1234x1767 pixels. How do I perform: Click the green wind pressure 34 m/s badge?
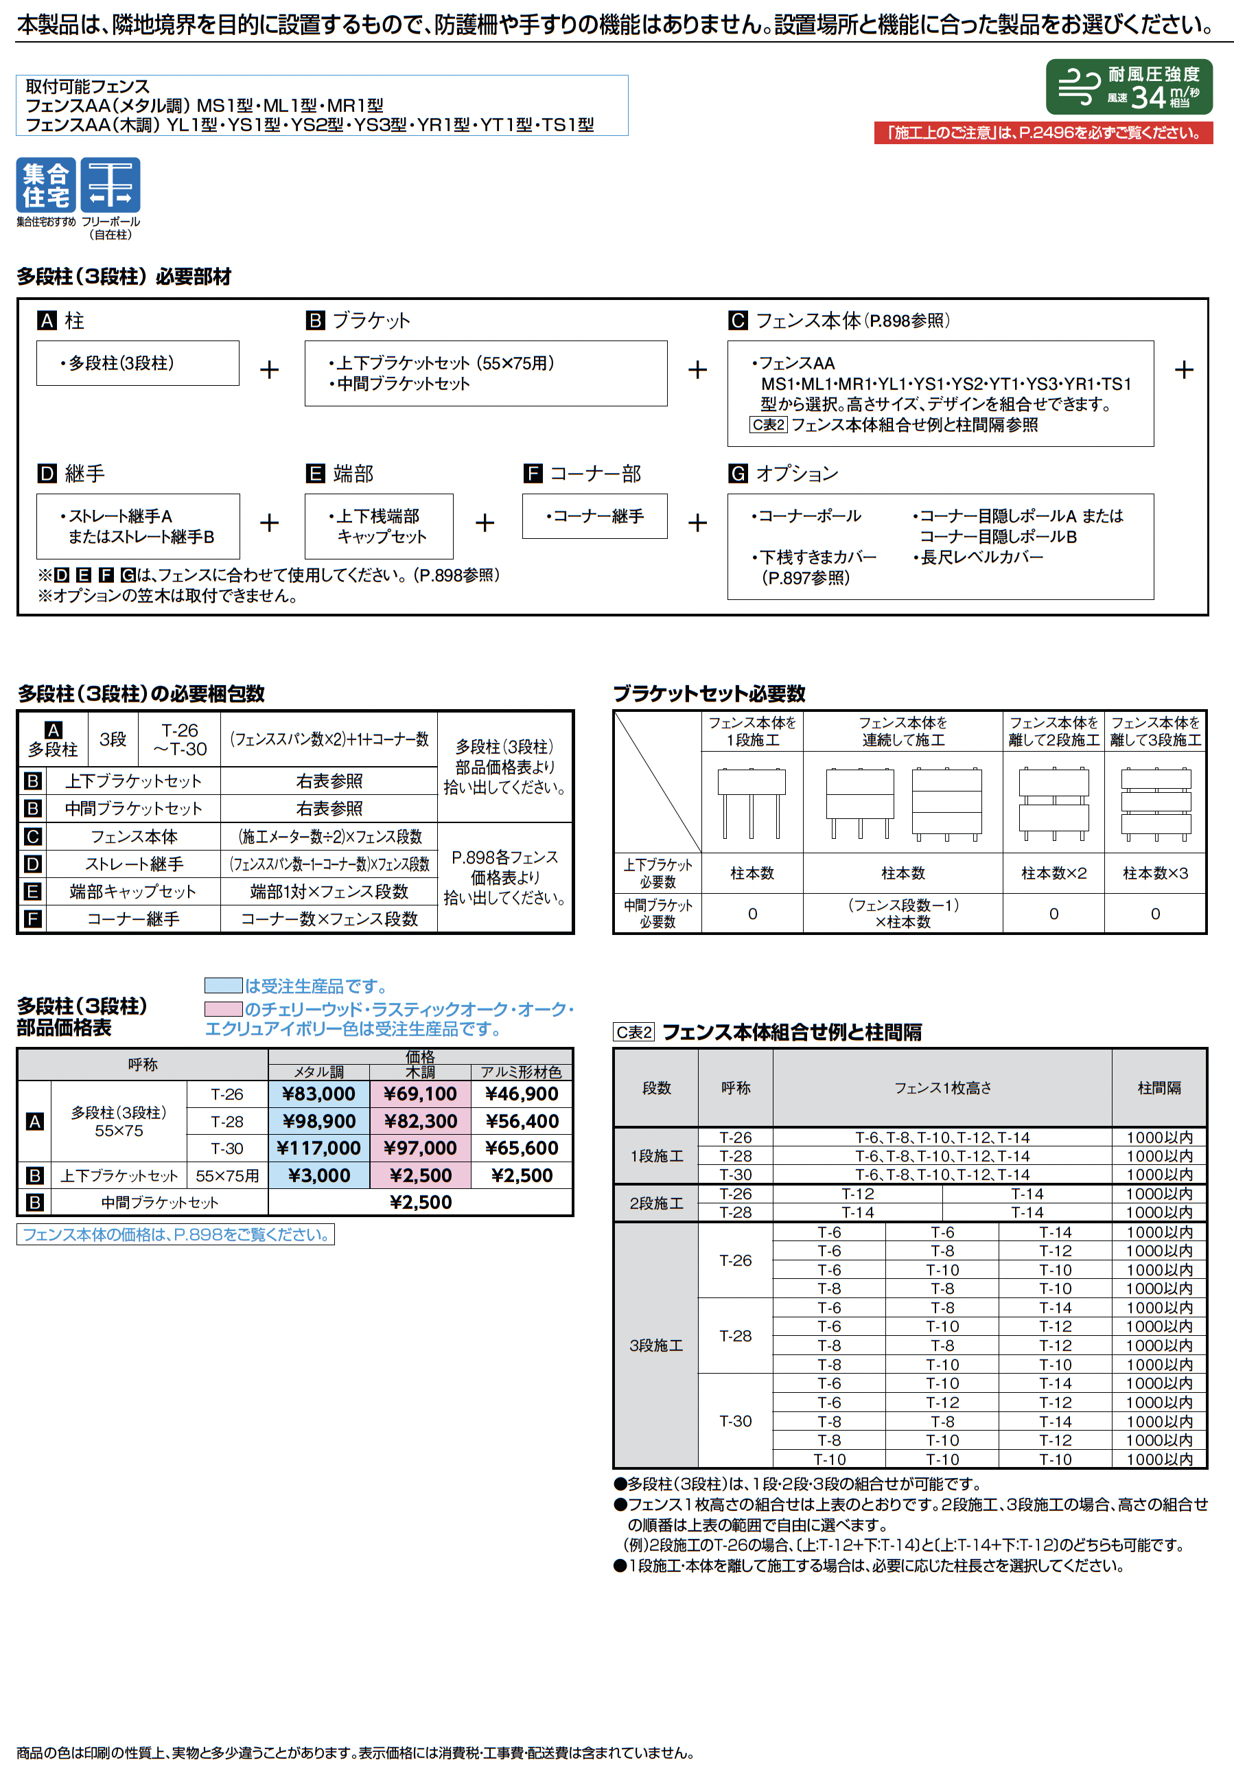[1128, 87]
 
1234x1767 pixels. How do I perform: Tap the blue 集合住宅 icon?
[46, 185]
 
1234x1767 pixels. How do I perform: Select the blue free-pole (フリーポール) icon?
[110, 185]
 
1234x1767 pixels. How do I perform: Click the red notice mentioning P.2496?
[1043, 133]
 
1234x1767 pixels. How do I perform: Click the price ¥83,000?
[318, 1094]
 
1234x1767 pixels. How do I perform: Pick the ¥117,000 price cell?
[318, 1148]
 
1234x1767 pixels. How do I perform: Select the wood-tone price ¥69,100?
[420, 1094]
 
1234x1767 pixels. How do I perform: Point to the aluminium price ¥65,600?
[522, 1148]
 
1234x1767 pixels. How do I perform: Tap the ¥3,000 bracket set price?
[318, 1175]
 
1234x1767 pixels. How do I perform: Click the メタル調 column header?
[318, 1072]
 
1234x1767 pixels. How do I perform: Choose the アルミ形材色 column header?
[522, 1072]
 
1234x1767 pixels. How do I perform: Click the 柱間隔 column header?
[1159, 1087]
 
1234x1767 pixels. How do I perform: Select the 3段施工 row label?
[655, 1345]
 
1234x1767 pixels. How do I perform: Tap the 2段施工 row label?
[655, 1203]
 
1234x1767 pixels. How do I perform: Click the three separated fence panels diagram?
[1155, 802]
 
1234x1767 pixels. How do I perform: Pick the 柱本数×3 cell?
[1155, 873]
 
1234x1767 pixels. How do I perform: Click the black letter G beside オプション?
[738, 473]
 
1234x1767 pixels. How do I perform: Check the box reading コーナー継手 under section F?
[594, 516]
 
